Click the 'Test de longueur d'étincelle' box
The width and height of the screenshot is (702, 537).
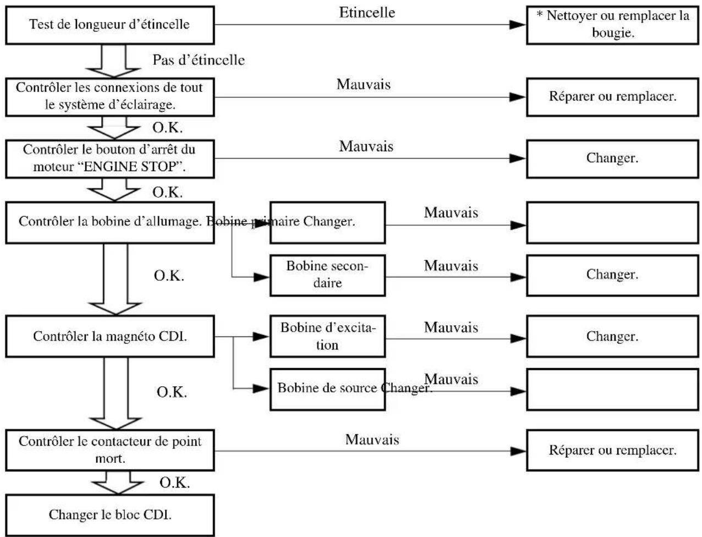click(109, 25)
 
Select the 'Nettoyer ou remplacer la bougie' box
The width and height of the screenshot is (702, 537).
click(612, 25)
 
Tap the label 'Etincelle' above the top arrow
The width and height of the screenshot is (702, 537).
click(367, 13)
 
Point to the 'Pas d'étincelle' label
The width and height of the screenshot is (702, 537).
click(198, 60)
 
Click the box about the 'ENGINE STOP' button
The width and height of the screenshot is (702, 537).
click(109, 158)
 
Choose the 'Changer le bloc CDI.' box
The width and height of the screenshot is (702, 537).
click(109, 515)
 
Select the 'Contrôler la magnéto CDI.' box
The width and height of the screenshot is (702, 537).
click(109, 336)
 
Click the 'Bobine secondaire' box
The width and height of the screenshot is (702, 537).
click(327, 275)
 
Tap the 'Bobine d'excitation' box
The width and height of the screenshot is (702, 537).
click(327, 336)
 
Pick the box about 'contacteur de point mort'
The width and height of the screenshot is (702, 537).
click(109, 450)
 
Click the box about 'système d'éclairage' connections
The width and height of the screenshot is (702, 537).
click(109, 97)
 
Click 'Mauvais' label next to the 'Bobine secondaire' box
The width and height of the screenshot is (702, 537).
click(451, 265)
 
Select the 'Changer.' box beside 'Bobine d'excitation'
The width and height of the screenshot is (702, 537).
click(612, 336)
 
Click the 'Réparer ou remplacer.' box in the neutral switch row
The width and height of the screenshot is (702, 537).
click(612, 450)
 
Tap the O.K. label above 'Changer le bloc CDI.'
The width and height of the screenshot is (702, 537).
click(174, 483)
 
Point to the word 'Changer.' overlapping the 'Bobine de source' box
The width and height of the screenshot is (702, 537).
click(406, 388)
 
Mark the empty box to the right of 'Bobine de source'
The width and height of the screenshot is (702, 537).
click(612, 389)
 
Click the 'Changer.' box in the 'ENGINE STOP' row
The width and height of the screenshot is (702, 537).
click(612, 158)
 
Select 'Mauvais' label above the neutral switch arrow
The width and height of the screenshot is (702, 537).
click(372, 440)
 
